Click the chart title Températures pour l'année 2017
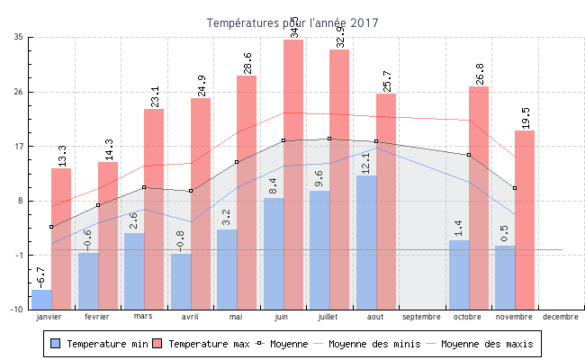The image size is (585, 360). pyautogui.click(x=292, y=22)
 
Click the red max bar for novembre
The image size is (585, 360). pyautogui.click(x=525, y=220)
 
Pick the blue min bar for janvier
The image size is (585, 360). pyautogui.click(x=41, y=299)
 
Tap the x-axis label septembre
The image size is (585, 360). pyautogui.click(x=421, y=317)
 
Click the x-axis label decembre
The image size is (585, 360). pyautogui.click(x=561, y=317)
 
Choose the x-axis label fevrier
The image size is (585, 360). pyautogui.click(x=97, y=317)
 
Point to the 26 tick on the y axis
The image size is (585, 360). pyautogui.click(x=18, y=92)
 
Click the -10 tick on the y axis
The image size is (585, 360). pyautogui.click(x=16, y=309)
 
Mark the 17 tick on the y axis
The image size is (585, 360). pyautogui.click(x=18, y=146)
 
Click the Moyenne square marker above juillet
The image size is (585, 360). pyautogui.click(x=329, y=139)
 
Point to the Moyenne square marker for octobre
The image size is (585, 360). pyautogui.click(x=469, y=155)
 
